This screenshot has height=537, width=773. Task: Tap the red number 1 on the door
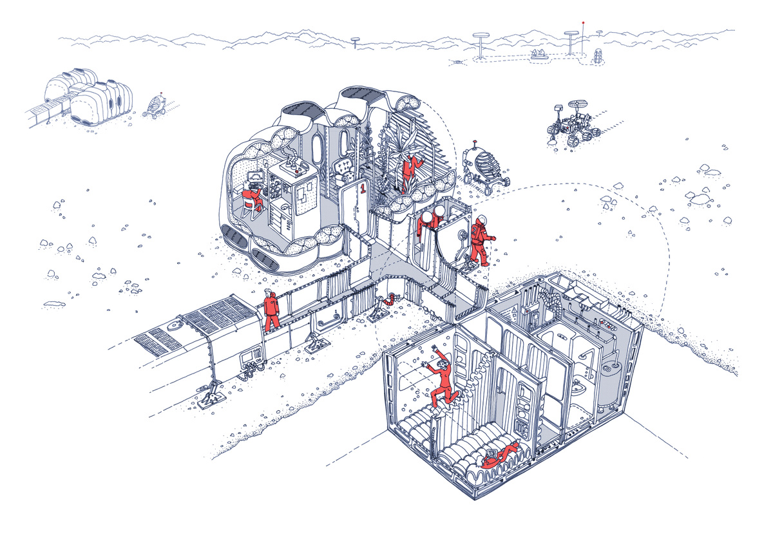(x=362, y=189)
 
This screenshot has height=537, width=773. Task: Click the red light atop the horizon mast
(x=583, y=23)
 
